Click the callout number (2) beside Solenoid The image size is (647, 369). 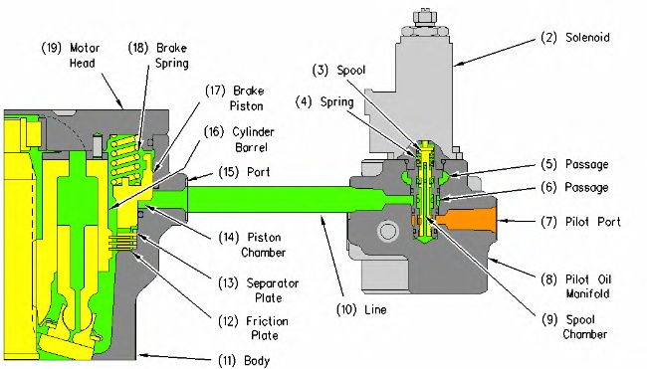(x=548, y=38)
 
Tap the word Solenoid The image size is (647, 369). (x=587, y=38)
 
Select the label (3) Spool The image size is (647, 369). (x=339, y=70)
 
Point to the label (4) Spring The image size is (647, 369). (x=324, y=102)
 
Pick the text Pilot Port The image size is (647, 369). (x=593, y=222)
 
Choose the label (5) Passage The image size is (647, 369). (x=574, y=164)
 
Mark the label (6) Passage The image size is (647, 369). (x=574, y=188)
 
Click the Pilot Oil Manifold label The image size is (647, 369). (x=576, y=286)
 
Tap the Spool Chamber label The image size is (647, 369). (x=574, y=326)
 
